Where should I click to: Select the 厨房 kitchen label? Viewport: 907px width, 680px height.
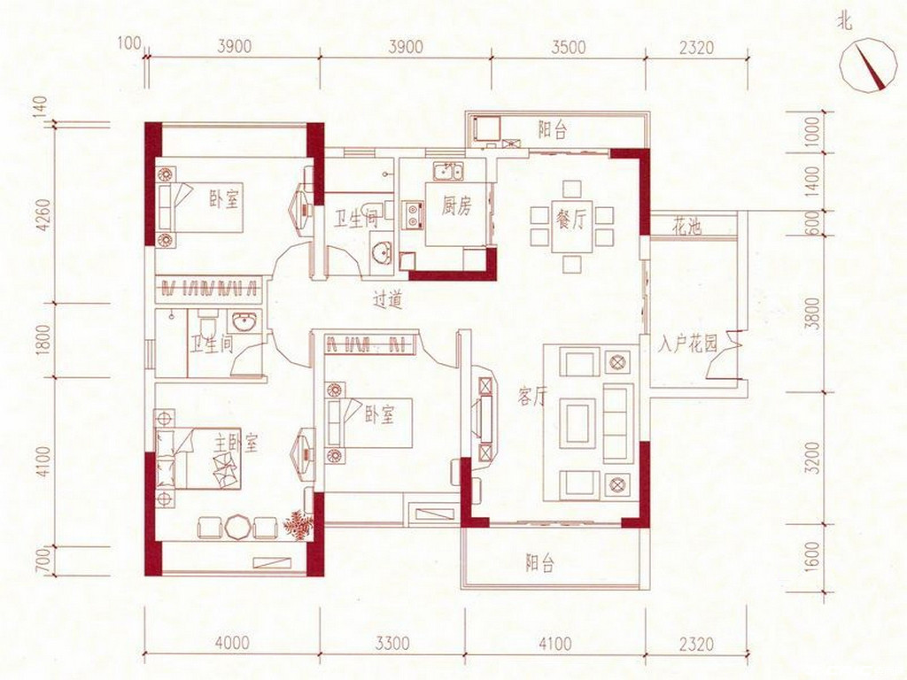click(x=456, y=206)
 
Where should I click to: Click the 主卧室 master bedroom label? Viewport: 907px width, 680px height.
click(x=236, y=444)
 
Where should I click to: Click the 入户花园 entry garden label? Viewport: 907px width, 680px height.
click(x=687, y=344)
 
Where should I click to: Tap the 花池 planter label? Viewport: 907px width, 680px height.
click(x=686, y=227)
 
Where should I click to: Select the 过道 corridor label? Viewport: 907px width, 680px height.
click(x=387, y=300)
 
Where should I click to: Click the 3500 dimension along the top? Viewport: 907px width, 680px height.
click(x=568, y=46)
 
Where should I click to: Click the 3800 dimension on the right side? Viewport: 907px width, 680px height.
click(x=813, y=313)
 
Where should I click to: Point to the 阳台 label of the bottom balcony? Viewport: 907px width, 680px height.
click(x=539, y=562)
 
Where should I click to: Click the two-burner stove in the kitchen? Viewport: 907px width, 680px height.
click(x=413, y=214)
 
